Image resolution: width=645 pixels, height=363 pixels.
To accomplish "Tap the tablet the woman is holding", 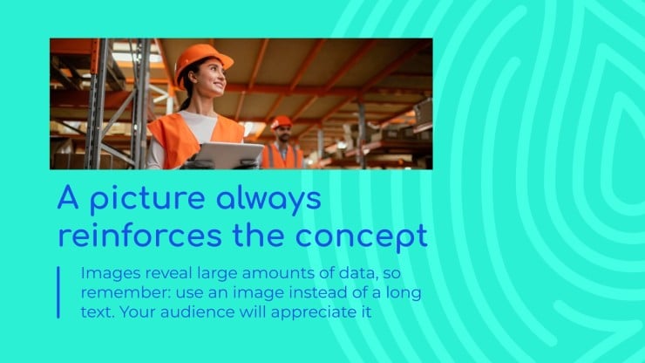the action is point(228,155).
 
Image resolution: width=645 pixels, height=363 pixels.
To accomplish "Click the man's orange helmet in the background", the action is point(282,122).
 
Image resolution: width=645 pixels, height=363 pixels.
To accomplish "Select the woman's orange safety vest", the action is point(194,138).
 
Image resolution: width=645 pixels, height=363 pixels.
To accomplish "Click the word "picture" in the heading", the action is point(147,199).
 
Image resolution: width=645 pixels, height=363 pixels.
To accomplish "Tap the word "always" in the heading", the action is point(268,200).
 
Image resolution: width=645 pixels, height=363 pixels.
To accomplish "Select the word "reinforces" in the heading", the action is point(139,236).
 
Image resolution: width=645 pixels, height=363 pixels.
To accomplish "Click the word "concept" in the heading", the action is point(362,237).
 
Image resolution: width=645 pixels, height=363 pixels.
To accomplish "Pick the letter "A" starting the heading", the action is point(68,197).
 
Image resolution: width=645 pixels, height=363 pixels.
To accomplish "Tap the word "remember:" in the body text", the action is point(126,293).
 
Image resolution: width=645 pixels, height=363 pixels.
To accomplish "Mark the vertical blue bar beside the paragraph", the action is point(58,292).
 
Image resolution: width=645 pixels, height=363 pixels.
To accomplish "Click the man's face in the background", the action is point(284,134).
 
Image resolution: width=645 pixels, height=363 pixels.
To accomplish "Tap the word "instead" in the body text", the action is point(316,293).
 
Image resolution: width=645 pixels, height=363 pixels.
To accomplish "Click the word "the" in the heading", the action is point(258,236).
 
